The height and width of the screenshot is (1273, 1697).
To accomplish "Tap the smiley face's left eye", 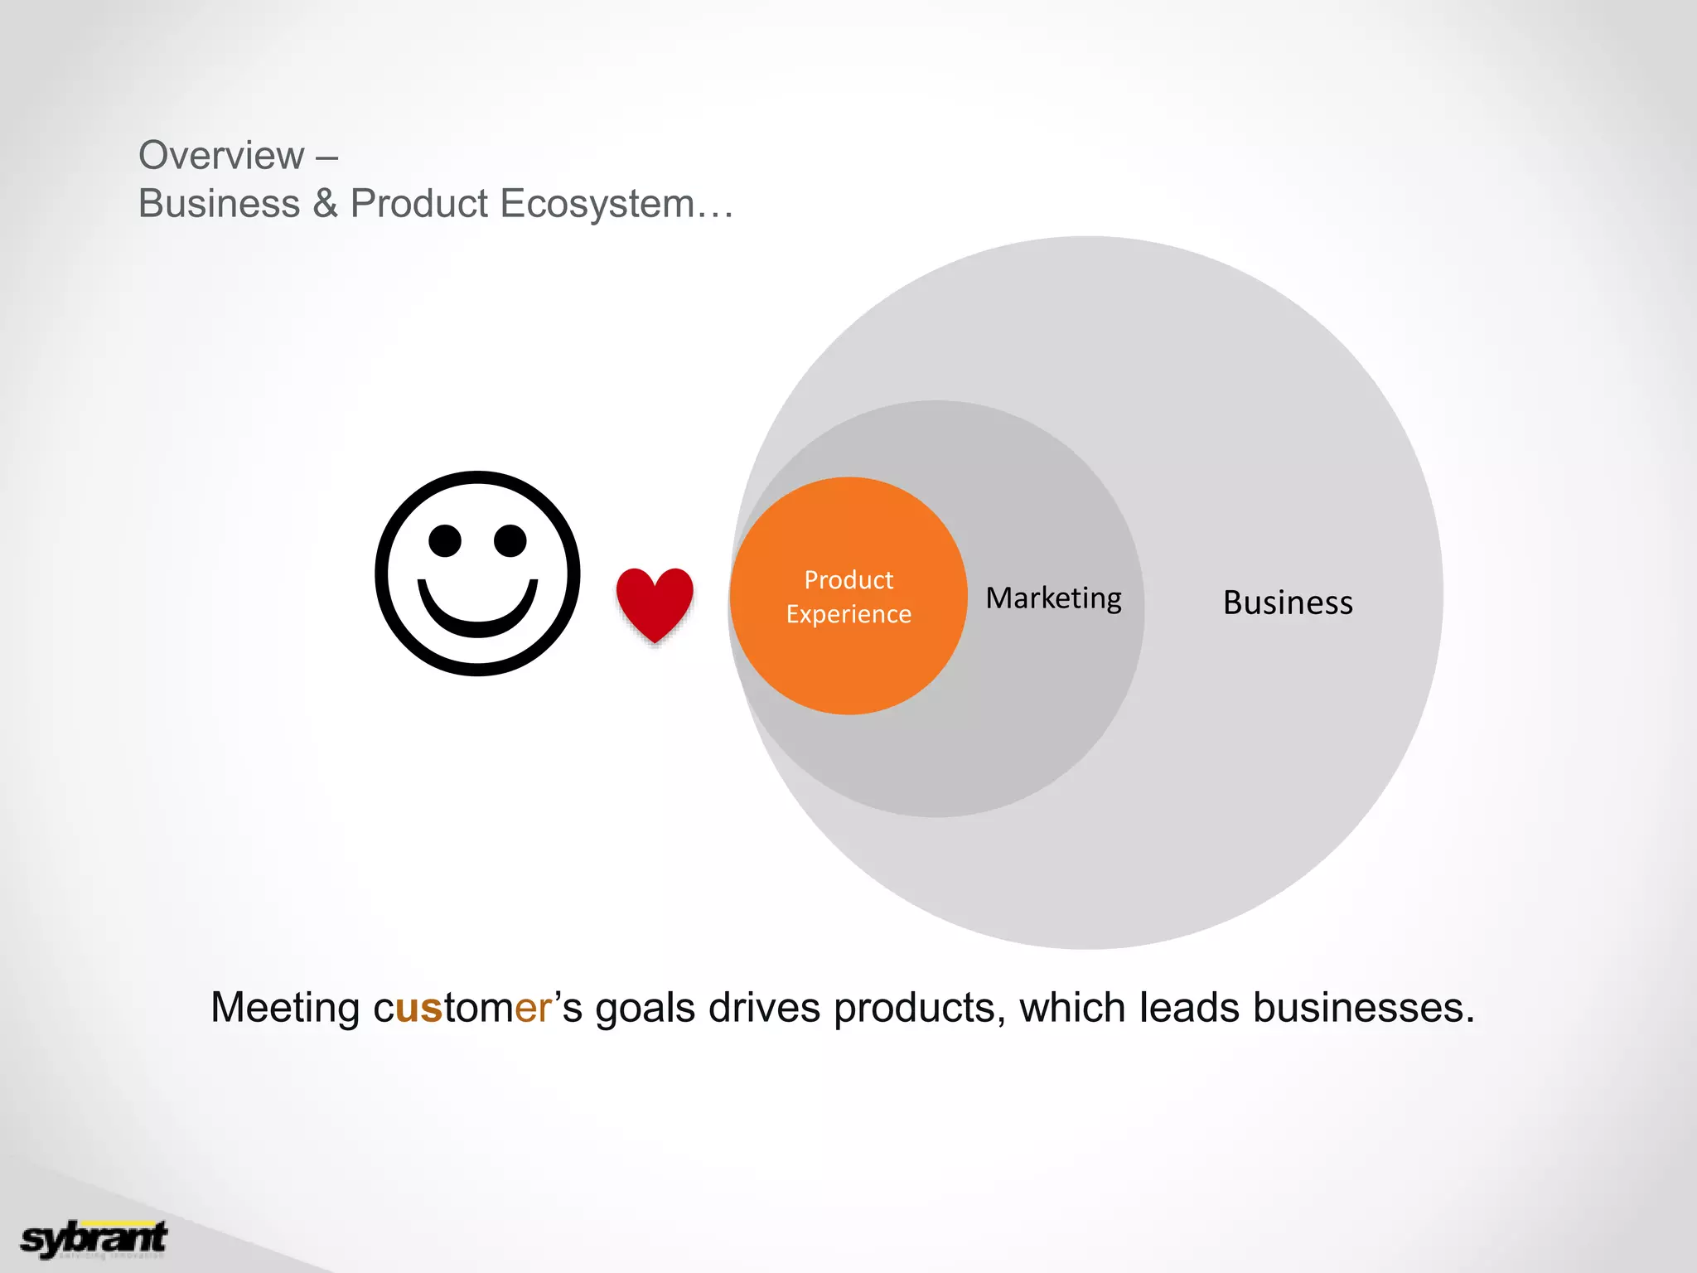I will tap(445, 541).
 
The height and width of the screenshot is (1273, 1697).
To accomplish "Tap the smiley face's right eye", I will tap(510, 541).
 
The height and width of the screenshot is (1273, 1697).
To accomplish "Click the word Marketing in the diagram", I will tap(1053, 598).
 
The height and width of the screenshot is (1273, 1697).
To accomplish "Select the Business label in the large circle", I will tap(1288, 603).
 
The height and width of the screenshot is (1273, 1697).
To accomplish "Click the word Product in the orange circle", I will tap(848, 580).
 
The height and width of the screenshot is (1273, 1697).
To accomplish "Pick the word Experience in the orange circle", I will tap(848, 614).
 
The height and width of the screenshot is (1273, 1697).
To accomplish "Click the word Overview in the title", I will tap(221, 156).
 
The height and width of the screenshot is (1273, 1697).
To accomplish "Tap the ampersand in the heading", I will tap(325, 204).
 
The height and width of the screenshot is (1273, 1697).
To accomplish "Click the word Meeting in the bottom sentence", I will tap(284, 1009).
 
